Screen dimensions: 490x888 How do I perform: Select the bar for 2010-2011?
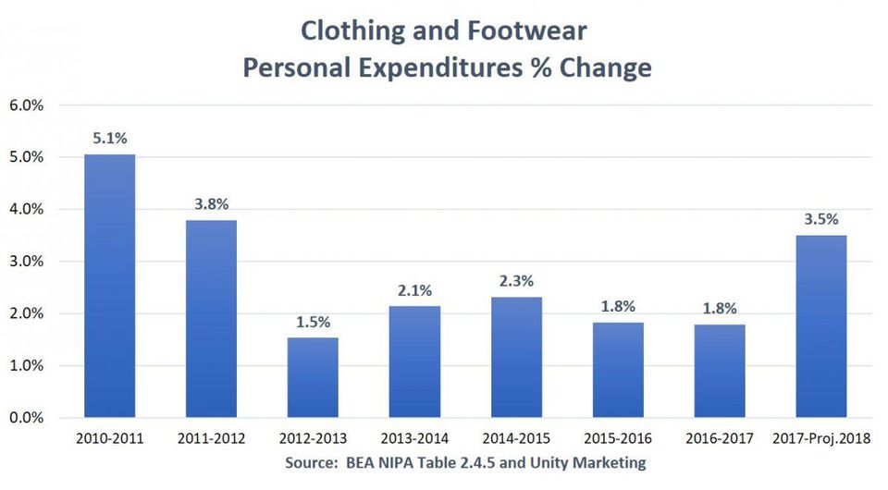[x=109, y=287]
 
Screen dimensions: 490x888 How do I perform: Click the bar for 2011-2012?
[x=211, y=319]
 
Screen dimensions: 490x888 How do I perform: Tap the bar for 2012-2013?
[x=313, y=377]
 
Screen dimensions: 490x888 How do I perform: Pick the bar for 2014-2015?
[x=516, y=357]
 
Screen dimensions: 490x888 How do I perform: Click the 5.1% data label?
[x=109, y=139]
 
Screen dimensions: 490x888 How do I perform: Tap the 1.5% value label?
[x=313, y=323]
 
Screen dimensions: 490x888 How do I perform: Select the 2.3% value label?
[x=516, y=281]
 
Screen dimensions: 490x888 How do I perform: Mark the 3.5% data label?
[x=820, y=220]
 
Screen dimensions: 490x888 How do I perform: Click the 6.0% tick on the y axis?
[x=27, y=105]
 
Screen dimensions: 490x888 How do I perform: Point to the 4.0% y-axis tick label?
[x=27, y=210]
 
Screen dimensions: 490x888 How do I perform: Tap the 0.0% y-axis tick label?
[x=27, y=418]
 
